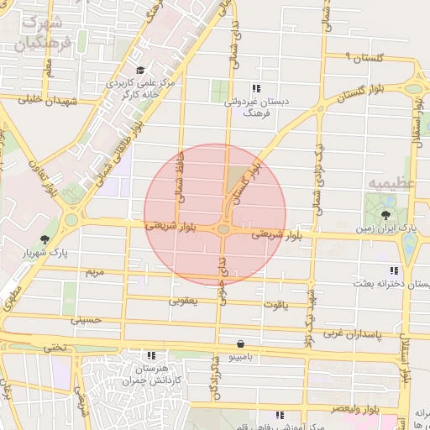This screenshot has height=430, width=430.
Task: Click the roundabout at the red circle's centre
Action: [223, 228]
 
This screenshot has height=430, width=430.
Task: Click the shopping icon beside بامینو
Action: [242, 343]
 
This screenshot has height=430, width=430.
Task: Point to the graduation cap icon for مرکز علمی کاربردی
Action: [140, 71]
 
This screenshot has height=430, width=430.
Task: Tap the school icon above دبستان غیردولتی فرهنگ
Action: [256, 88]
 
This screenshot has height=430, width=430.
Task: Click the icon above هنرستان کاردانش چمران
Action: [151, 356]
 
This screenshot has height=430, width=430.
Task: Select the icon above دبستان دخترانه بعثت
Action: [393, 270]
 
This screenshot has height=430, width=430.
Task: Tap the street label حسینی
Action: [87, 320]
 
